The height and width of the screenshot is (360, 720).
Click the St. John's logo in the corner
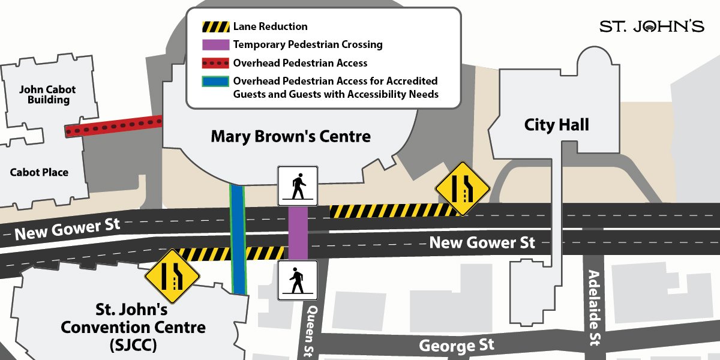pos(652,26)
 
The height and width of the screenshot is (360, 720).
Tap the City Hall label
pos(556,125)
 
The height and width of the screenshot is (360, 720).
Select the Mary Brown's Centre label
pos(290,137)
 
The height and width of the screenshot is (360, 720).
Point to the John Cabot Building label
pos(47,95)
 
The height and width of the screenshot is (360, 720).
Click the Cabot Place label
pos(39,172)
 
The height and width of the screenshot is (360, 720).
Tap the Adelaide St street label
pos(594,307)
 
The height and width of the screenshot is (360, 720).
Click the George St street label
pos(457,345)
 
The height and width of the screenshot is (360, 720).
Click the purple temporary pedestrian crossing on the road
pos(298,233)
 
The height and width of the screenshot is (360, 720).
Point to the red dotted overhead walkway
pos(113,127)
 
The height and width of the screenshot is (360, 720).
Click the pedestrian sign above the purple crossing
pos(298,186)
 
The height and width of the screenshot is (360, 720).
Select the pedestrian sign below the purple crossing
pos(298,280)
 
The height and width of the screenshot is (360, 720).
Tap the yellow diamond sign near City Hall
pos(463,188)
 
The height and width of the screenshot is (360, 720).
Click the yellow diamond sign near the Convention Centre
pos(172,276)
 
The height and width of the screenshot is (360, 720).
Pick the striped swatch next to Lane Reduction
pos(215,27)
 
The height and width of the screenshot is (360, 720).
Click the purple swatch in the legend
pos(215,44)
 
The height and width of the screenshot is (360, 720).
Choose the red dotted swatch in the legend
pos(215,62)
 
